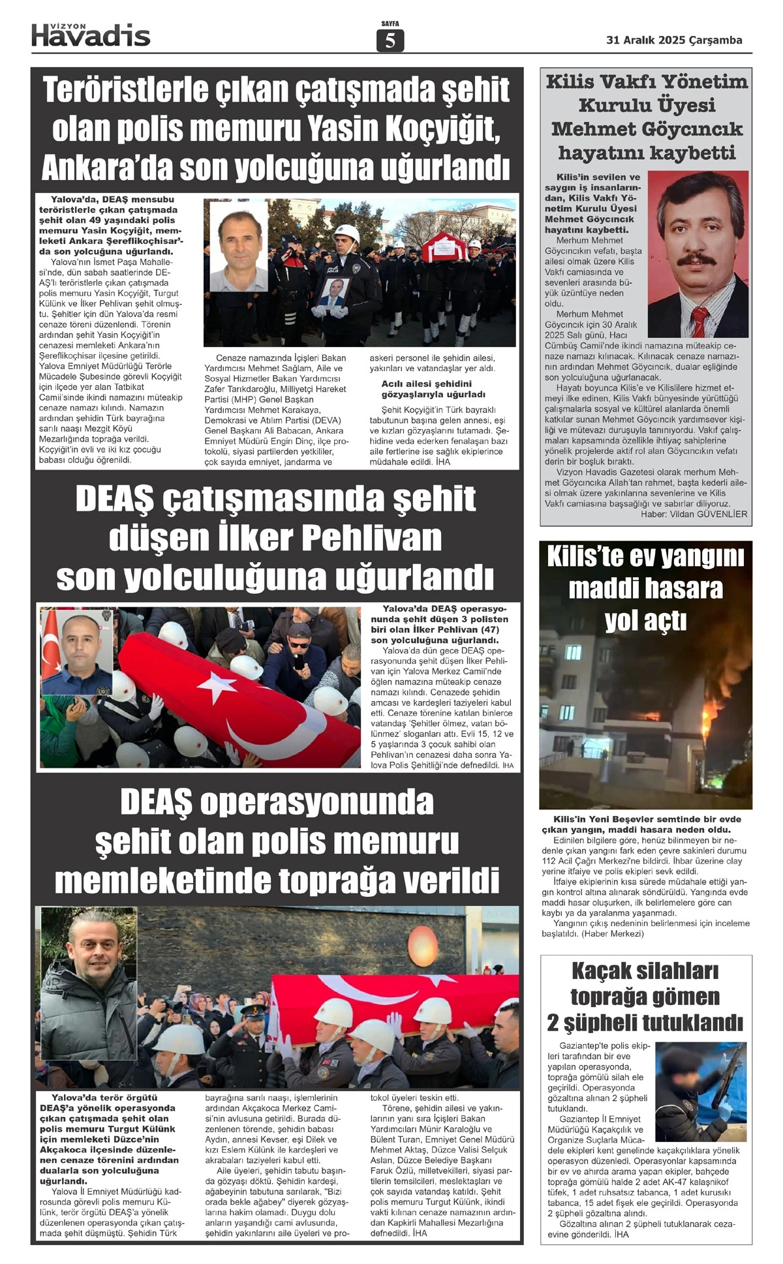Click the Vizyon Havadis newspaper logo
click(x=91, y=35)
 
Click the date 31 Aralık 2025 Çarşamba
click(x=674, y=40)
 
